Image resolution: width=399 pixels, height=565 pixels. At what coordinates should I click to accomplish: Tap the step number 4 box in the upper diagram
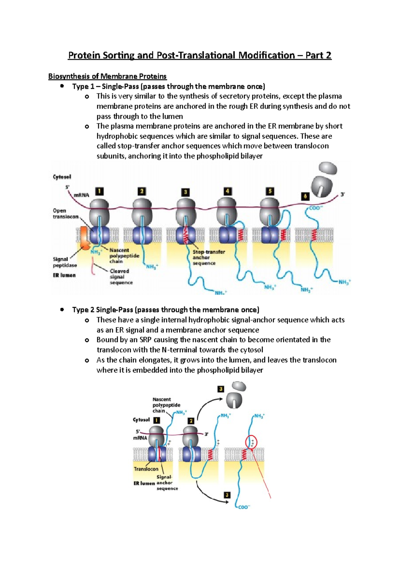227,191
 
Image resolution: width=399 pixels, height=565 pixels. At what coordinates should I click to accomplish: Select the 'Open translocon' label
66,214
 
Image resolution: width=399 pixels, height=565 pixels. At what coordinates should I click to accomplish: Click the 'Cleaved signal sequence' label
121,277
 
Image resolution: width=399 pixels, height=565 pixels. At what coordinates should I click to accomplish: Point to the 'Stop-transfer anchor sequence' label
208,258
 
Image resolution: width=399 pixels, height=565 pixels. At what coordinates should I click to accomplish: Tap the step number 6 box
305,196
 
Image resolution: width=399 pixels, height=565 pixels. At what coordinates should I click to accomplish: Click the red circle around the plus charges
251,442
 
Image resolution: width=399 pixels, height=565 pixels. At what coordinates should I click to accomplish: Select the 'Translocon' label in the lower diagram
146,469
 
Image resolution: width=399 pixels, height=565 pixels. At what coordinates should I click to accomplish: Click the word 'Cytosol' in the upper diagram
62,177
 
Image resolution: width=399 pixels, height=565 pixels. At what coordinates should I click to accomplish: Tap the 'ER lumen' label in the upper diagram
64,275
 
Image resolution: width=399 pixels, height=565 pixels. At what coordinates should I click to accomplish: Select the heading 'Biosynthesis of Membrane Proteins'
107,76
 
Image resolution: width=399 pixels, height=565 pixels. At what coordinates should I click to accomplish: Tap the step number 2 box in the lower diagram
191,421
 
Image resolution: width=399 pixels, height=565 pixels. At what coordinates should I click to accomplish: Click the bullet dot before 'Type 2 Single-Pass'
62,309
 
